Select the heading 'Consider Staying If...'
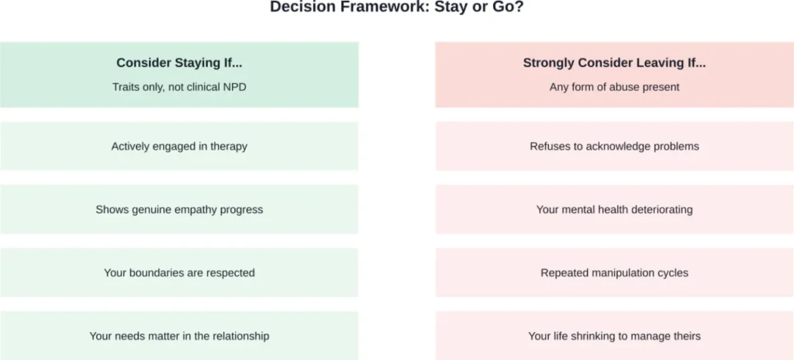179,63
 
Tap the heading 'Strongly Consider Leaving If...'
614,63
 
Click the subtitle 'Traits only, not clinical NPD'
179,87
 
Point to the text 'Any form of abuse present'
614,87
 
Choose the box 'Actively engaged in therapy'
179,146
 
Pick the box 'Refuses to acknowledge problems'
614,146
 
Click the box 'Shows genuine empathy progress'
179,209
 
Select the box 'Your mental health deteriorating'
614,209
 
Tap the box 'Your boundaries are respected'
179,272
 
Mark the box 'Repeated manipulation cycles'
614,272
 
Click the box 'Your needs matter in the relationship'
179,336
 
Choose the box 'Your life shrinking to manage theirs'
614,336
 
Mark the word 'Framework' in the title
368,7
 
